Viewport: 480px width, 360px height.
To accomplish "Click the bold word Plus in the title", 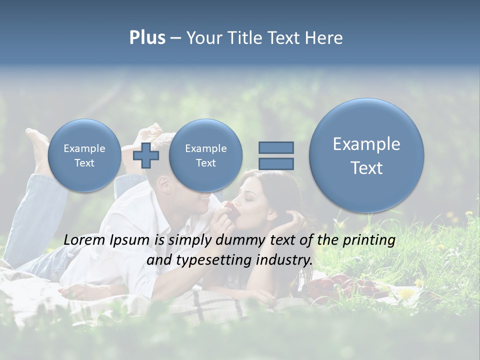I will pos(147,38).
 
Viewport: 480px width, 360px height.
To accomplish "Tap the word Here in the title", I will pos(324,38).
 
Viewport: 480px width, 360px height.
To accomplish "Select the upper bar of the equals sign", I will pos(276,147).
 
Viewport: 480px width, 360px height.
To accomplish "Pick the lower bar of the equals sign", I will pos(276,163).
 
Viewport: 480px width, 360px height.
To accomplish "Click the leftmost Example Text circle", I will pos(84,155).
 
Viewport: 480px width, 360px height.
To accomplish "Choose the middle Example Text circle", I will pos(205,155).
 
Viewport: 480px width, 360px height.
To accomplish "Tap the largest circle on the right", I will pos(366,155).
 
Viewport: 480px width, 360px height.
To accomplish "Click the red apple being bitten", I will pos(231,210).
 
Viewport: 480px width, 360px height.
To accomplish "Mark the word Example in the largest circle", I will pos(366,144).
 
